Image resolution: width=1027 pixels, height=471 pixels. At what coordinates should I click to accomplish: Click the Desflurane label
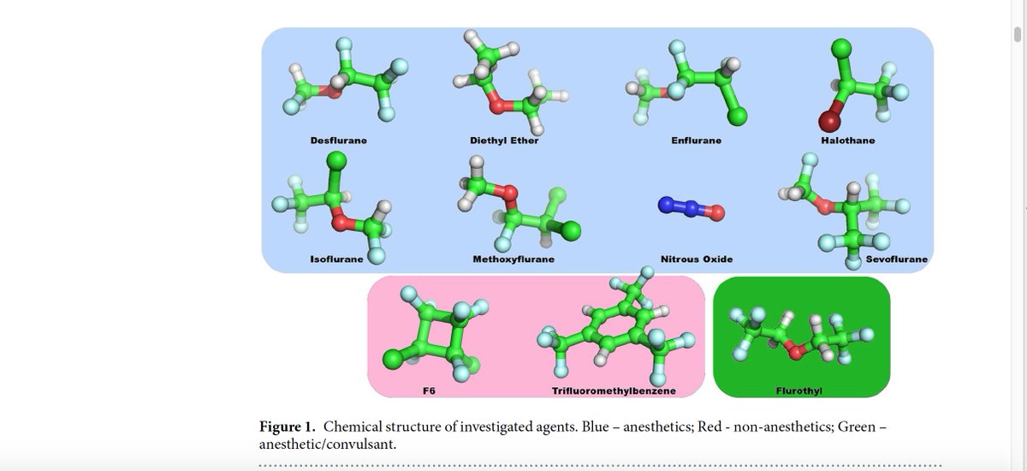click(338, 140)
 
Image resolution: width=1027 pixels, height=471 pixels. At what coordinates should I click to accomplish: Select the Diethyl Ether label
click(504, 140)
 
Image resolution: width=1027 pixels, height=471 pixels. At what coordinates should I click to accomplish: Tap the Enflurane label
click(696, 140)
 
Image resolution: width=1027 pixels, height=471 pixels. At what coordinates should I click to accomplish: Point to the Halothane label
click(847, 140)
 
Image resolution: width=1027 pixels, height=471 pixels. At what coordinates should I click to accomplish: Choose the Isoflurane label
click(336, 259)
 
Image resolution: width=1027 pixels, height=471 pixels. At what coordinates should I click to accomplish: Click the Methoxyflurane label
click(513, 259)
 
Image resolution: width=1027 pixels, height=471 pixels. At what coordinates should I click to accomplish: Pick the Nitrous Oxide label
click(697, 259)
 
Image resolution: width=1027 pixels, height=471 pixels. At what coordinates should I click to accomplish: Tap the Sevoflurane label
click(897, 259)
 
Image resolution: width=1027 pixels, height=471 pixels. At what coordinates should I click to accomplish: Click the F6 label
click(430, 391)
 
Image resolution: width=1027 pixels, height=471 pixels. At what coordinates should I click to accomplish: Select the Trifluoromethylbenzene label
click(614, 391)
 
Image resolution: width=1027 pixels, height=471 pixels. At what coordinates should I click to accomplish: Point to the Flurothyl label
click(800, 391)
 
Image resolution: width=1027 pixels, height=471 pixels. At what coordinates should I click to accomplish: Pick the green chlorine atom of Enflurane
click(739, 116)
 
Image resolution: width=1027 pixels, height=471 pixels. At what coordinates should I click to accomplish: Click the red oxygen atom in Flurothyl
click(795, 351)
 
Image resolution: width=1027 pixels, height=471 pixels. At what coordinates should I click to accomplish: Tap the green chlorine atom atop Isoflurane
click(336, 159)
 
